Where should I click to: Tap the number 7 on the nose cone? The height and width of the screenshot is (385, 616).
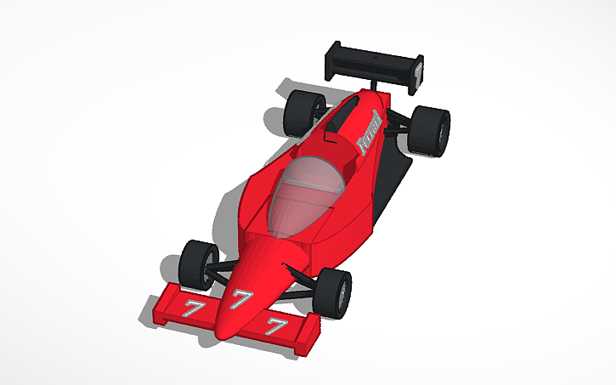(x=240, y=298)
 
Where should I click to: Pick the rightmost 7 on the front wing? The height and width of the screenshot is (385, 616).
(x=276, y=326)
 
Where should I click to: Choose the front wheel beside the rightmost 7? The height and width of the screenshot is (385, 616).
(x=333, y=293)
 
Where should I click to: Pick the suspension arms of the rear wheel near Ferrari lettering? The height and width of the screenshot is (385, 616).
(x=398, y=129)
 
